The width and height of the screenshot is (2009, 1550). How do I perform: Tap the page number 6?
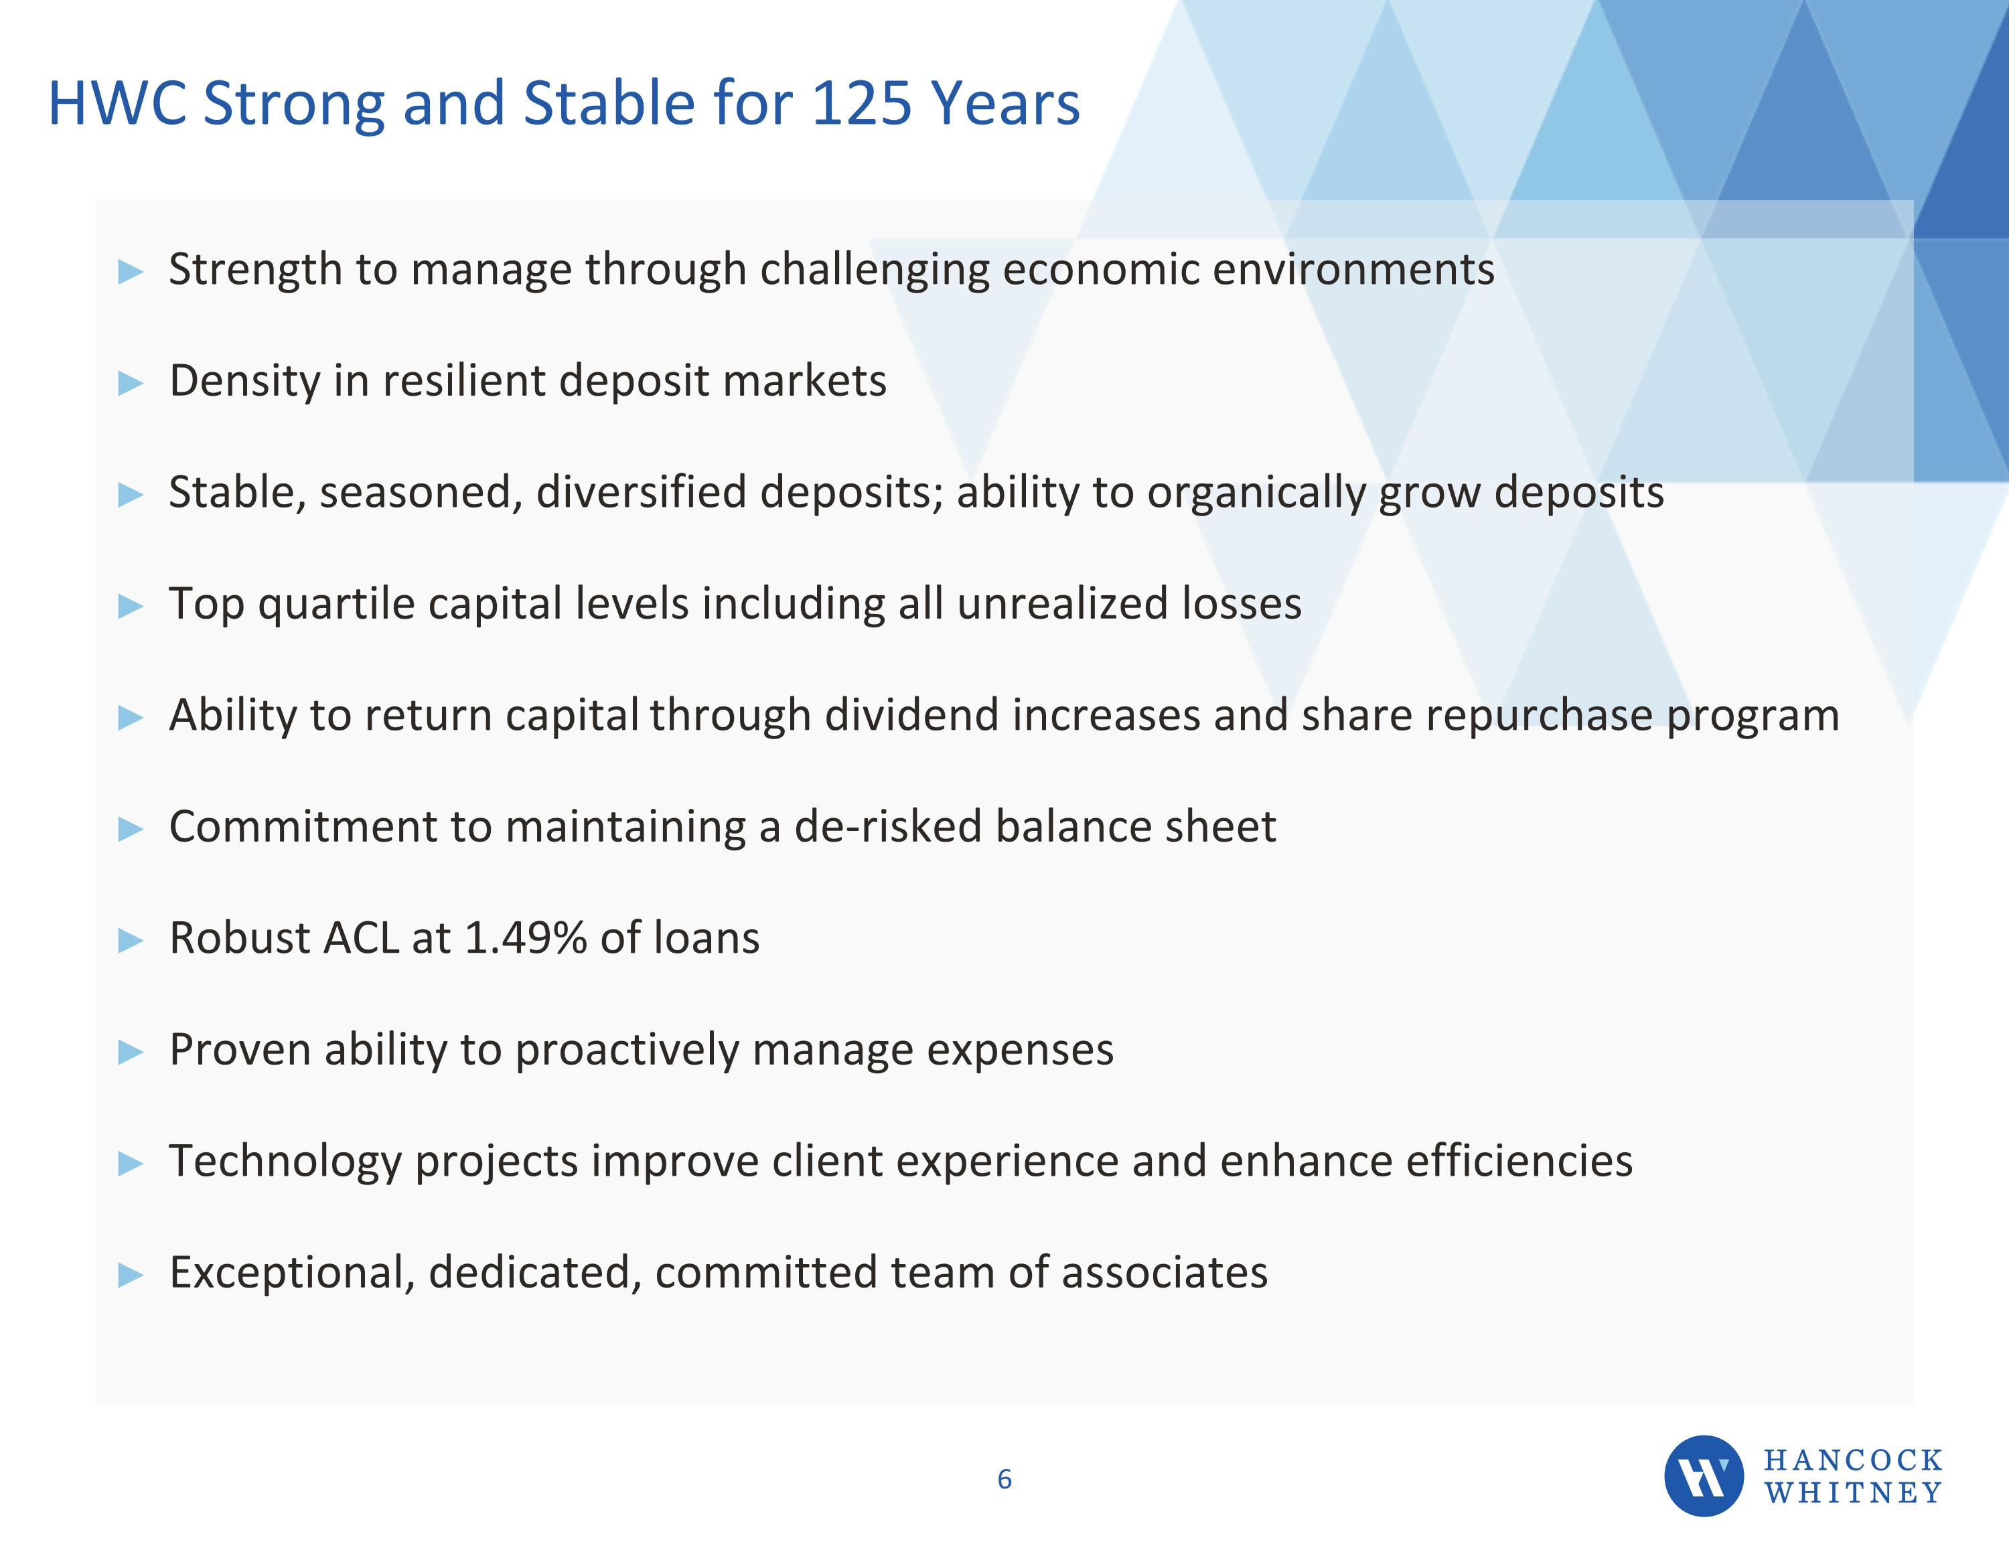pos(1004,1479)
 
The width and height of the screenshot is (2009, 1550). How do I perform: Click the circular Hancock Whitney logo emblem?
pos(1704,1476)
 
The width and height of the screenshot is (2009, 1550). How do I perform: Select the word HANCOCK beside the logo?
pos(1852,1460)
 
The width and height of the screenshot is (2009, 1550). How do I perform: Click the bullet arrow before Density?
pos(131,384)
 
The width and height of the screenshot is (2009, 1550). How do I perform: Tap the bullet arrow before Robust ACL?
pos(131,941)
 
